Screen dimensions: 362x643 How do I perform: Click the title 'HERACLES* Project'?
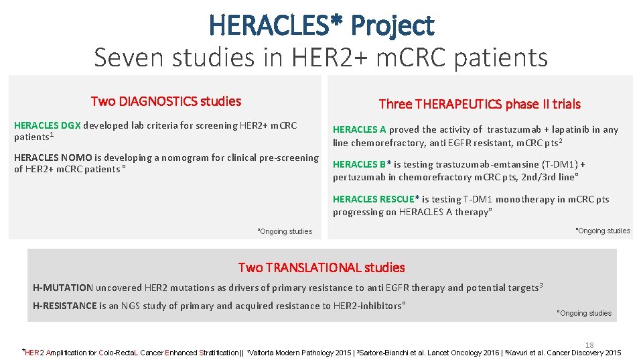(321, 25)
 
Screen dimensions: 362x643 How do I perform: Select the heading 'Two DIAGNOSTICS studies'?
(165, 101)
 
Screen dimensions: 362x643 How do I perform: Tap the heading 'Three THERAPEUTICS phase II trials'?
(480, 104)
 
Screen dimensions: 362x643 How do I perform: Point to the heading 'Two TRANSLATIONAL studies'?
(321, 267)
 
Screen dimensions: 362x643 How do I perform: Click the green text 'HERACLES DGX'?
(48, 125)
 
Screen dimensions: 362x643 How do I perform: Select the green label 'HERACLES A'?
(360, 129)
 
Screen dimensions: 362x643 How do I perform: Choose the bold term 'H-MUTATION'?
(63, 288)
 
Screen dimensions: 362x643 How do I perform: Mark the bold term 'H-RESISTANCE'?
(65, 306)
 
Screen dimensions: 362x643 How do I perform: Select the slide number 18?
(589, 345)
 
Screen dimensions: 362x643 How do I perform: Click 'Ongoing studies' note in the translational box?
(585, 313)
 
